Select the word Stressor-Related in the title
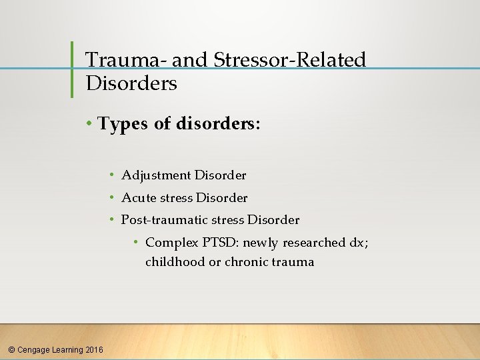point(290,60)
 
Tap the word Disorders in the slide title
point(131,83)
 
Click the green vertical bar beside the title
point(72,69)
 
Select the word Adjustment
point(156,175)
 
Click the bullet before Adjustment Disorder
point(113,175)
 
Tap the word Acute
point(138,198)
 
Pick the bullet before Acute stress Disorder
point(113,198)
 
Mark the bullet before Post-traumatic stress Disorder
point(113,220)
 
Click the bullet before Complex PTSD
point(136,243)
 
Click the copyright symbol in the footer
point(11,349)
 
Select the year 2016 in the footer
point(94,349)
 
